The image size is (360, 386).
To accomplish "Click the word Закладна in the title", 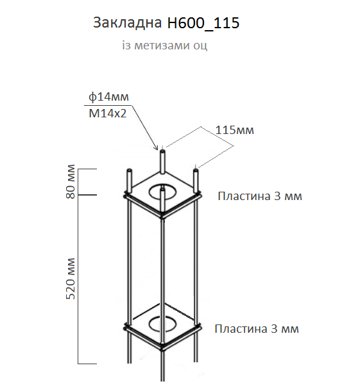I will coord(127,24).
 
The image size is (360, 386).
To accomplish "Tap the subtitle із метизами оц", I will coord(165,46).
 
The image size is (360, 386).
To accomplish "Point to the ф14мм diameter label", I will coord(109,97).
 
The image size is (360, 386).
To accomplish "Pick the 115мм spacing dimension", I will coord(234,130).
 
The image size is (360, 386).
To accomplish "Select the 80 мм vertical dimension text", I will coord(71,181).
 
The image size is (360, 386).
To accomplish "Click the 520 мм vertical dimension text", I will coord(72,279).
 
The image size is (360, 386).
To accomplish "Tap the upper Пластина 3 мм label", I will coord(259,196).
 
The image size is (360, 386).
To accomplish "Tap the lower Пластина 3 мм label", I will coord(257,329).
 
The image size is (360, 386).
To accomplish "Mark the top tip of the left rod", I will coord(130,171).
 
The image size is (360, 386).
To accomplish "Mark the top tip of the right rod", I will coord(195,169).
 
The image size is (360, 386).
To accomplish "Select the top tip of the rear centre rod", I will coord(162,151).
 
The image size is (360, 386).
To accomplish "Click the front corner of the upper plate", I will coord(163,217).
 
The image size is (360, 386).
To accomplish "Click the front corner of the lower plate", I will coord(162,350).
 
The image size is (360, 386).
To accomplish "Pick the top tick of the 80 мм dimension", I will coord(87,169).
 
